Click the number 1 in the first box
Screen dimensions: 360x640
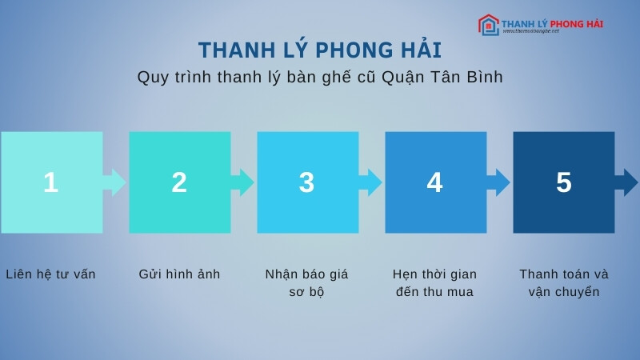tap(50, 183)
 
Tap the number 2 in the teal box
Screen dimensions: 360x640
tap(179, 183)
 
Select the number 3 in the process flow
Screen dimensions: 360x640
tap(306, 183)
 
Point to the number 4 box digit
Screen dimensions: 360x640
tap(434, 183)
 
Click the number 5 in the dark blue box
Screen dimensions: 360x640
tap(563, 183)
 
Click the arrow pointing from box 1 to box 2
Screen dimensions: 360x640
tap(115, 182)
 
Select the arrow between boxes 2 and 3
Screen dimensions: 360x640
tap(243, 182)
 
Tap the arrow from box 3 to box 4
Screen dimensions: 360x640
tap(371, 182)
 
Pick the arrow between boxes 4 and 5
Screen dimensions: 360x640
tap(499, 182)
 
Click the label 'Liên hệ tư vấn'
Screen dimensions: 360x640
tap(50, 274)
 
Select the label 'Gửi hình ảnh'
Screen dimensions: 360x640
tap(179, 274)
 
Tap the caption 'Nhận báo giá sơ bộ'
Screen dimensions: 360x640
tap(306, 283)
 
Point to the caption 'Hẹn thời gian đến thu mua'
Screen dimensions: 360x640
tap(434, 283)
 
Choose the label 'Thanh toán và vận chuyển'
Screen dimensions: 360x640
tap(563, 283)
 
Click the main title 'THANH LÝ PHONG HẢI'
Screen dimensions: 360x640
tap(319, 50)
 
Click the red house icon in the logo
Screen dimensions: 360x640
tap(488, 25)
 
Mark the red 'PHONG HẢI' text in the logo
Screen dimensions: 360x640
tap(574, 23)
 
